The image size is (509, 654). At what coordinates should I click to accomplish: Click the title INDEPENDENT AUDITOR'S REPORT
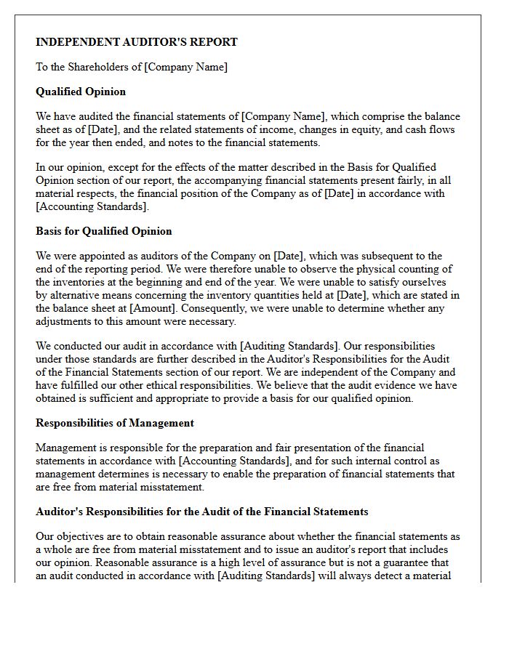[137, 42]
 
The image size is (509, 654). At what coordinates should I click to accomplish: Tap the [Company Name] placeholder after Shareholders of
[186, 67]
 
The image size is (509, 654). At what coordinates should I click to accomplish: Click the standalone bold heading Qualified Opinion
[81, 92]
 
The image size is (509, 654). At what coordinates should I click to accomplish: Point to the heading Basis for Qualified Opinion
[104, 231]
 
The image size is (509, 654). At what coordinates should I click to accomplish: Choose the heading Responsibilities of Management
[115, 423]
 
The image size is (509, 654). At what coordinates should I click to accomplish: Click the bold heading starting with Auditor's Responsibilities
[202, 512]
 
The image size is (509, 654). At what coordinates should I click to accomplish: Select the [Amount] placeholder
[151, 308]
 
